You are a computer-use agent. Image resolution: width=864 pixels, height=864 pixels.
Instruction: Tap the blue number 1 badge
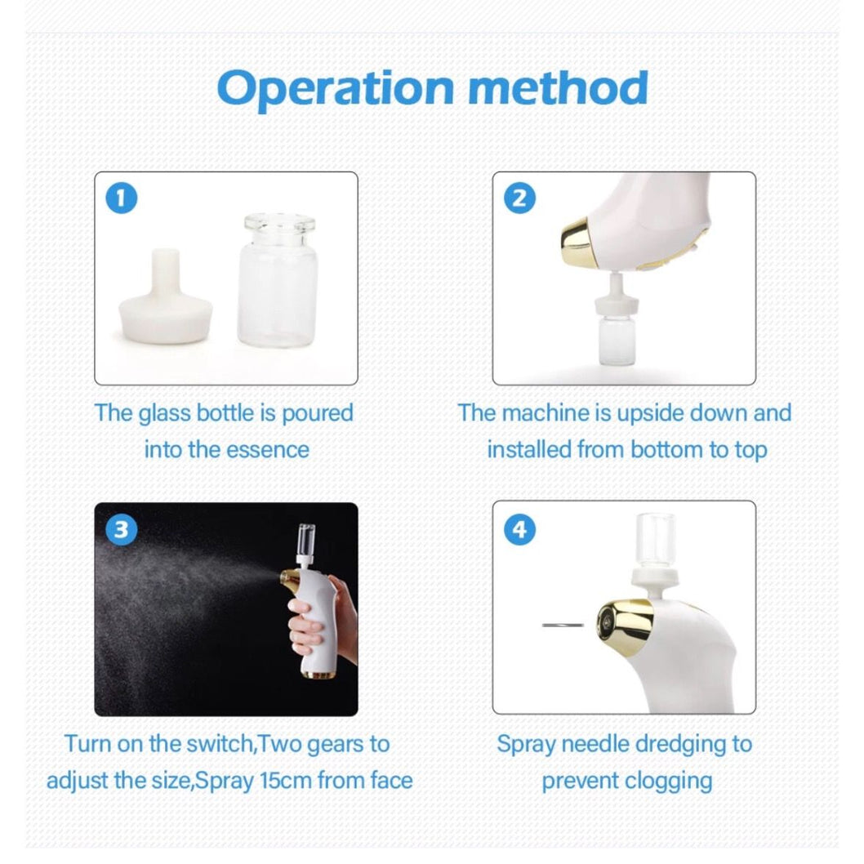click(x=122, y=198)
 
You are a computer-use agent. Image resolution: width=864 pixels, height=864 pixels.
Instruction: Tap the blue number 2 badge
click(x=519, y=198)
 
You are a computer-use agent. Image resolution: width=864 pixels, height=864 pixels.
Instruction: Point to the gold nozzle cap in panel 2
click(x=578, y=238)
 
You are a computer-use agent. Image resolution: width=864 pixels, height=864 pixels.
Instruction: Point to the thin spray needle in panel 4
click(x=563, y=625)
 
